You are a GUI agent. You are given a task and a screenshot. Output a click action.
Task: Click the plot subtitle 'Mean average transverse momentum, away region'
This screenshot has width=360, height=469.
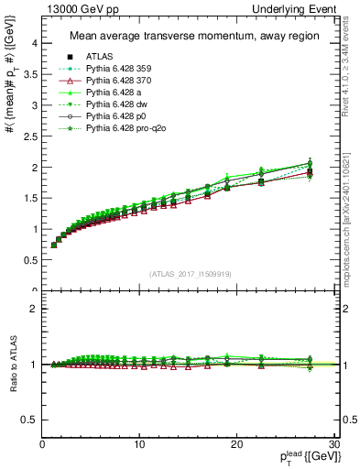coord(189,37)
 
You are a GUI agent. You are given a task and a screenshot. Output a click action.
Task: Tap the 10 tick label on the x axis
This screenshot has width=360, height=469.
coord(139,444)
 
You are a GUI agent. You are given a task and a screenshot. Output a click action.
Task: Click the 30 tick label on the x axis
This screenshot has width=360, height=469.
coord(333,444)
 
